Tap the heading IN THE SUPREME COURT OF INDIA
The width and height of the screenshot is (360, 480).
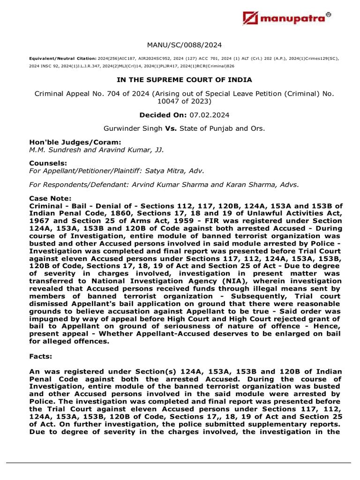pyautogui.click(x=184, y=80)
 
